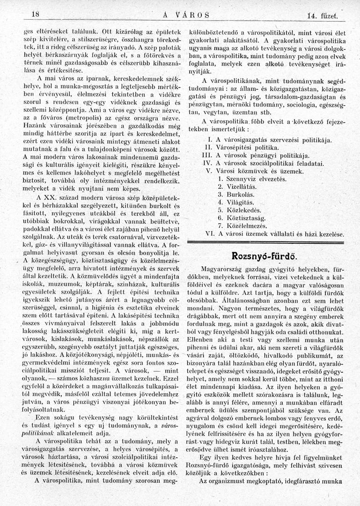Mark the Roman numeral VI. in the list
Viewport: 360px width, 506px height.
[x=209, y=233]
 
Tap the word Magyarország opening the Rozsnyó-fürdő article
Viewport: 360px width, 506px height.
[x=222, y=269]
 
